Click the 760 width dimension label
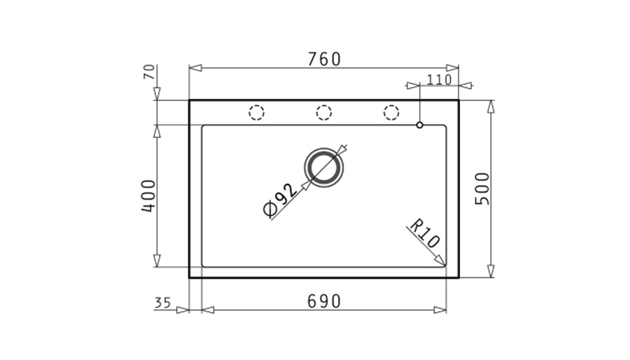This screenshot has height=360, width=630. click(x=324, y=59)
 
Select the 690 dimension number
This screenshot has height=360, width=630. click(x=324, y=301)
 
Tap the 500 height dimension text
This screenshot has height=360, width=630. click(x=482, y=188)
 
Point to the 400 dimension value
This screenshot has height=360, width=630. click(x=148, y=195)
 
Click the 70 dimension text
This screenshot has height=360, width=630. click(x=149, y=72)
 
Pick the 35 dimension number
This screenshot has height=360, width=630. click(x=162, y=303)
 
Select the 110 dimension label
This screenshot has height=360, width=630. click(x=439, y=80)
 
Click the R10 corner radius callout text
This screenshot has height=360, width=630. click(x=425, y=233)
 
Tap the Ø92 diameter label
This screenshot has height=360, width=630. click(x=280, y=200)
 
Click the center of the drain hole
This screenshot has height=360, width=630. click(x=324, y=167)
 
